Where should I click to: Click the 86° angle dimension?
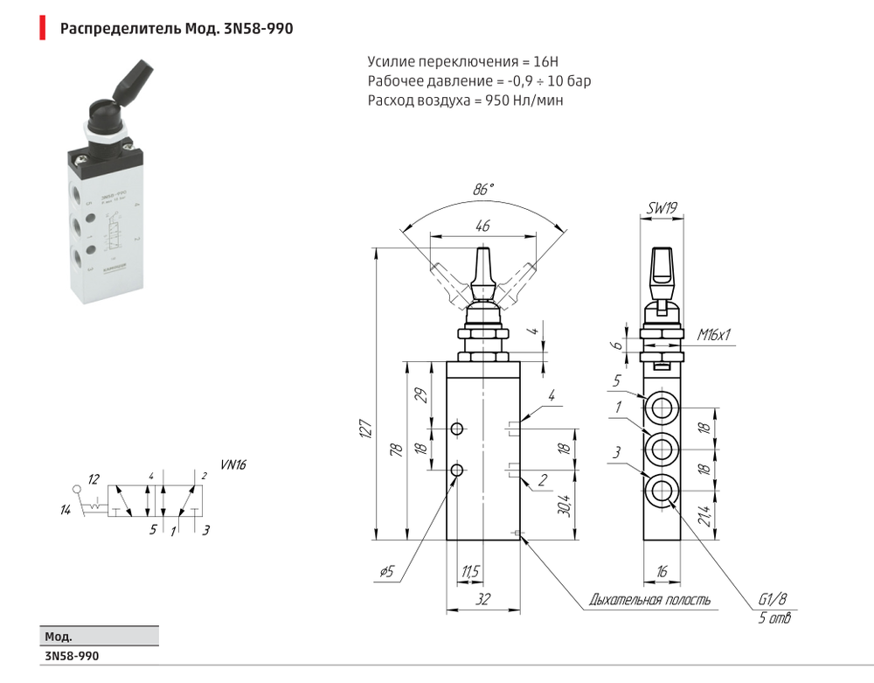483,188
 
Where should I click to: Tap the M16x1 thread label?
714,334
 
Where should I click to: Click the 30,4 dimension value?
565,506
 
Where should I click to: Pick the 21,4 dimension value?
727,517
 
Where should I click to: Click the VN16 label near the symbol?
233,465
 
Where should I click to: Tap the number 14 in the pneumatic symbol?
65,510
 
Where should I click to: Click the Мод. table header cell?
58,637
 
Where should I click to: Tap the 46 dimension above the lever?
482,226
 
